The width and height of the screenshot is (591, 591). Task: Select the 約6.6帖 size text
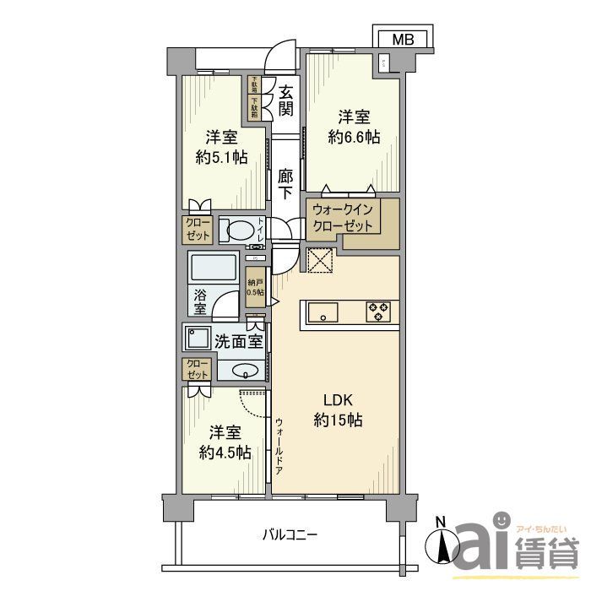pos(355,138)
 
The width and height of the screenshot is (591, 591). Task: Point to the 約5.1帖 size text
pos(221,158)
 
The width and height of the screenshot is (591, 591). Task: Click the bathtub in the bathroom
pos(213,270)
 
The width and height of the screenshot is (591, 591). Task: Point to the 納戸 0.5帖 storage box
pos(254,287)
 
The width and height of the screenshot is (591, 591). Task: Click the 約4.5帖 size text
pos(225,453)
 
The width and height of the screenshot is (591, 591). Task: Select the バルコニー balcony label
pos(289,535)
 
